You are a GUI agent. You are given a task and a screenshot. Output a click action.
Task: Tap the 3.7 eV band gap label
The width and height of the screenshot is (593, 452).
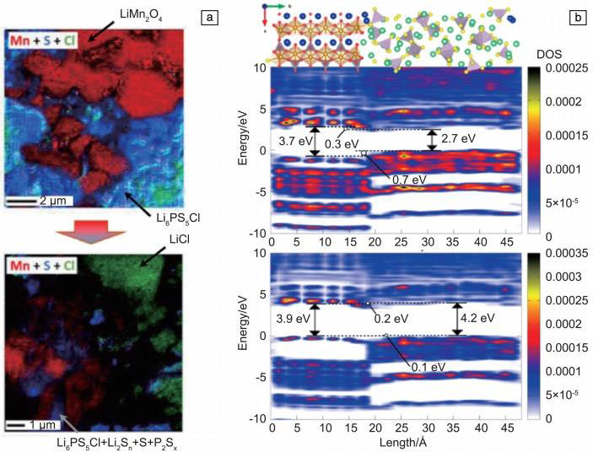point(292,141)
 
